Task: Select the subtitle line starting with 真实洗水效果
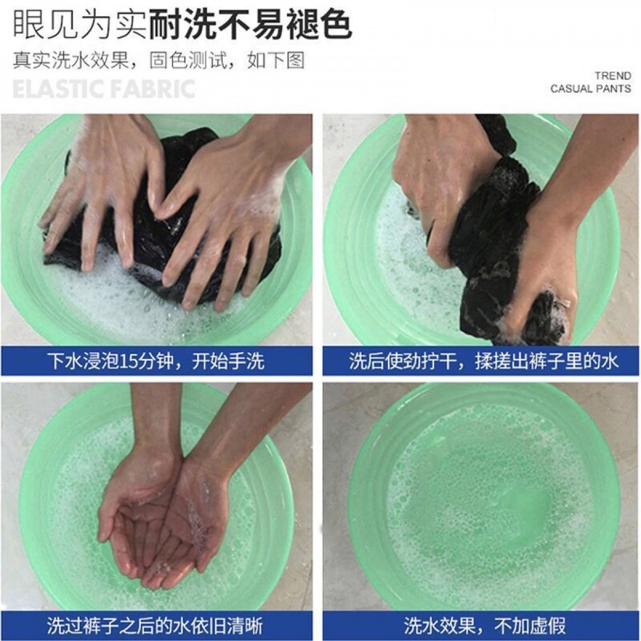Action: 159,60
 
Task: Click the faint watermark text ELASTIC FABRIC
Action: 104,89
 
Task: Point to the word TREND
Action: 613,76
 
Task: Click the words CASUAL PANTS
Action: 591,89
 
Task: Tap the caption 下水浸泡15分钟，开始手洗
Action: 155,362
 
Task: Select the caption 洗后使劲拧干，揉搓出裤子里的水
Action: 483,362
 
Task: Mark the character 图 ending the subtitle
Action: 295,60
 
